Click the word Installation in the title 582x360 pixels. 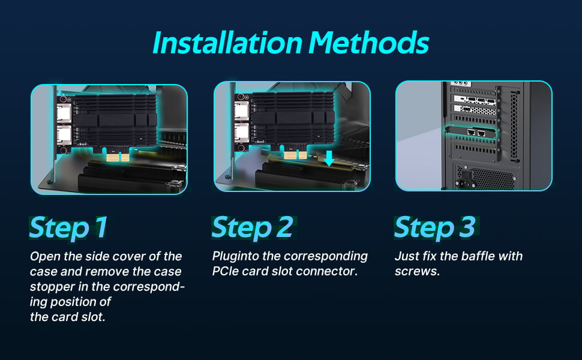227,43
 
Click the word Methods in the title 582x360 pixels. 369,43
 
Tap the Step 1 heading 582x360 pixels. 68,228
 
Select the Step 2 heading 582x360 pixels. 253,228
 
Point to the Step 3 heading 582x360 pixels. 434,228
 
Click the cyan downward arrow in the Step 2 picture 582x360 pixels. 329,158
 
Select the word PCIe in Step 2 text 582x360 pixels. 226,271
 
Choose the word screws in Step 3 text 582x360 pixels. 417,271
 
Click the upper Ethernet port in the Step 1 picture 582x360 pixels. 64,113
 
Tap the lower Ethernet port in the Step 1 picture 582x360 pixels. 64,135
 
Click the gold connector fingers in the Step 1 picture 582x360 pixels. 118,157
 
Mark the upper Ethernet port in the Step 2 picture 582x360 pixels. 242,110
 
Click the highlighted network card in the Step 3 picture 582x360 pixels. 471,132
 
